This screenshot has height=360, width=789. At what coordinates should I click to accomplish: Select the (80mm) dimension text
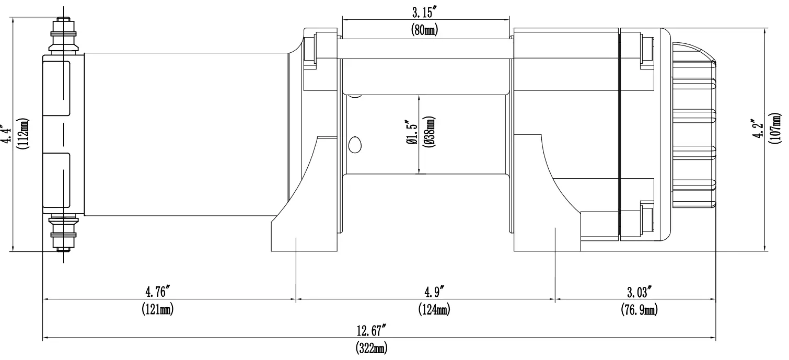pyautogui.click(x=424, y=30)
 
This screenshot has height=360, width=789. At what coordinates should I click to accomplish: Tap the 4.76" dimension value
pyautogui.click(x=158, y=292)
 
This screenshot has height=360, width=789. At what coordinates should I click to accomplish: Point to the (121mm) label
pyautogui.click(x=158, y=309)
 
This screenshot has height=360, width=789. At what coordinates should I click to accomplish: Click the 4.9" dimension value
pyautogui.click(x=434, y=292)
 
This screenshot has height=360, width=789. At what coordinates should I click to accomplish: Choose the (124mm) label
pyautogui.click(x=434, y=309)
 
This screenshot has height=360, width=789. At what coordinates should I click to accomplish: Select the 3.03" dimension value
pyautogui.click(x=640, y=293)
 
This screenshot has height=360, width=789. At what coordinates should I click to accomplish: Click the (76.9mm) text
pyautogui.click(x=640, y=310)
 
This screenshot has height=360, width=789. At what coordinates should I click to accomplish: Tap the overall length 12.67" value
pyautogui.click(x=372, y=331)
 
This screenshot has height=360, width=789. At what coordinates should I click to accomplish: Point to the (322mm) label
pyautogui.click(x=372, y=348)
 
